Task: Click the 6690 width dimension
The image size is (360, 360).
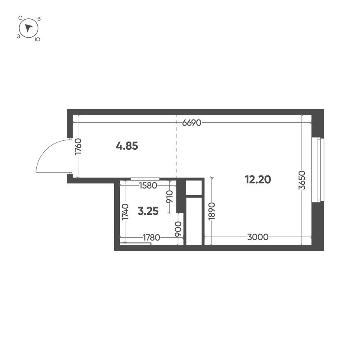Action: coord(192,123)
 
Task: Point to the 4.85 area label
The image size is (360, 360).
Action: coord(127,145)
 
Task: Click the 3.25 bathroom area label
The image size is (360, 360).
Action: coord(148,211)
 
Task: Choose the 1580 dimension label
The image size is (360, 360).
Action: coord(148,185)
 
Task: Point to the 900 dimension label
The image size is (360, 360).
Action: coord(178,230)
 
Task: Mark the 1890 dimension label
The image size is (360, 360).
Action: coord(211,211)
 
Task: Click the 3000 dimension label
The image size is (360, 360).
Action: coord(258,237)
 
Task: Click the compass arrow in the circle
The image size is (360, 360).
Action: coord(28,28)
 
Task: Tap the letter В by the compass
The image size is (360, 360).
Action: coord(38,19)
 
